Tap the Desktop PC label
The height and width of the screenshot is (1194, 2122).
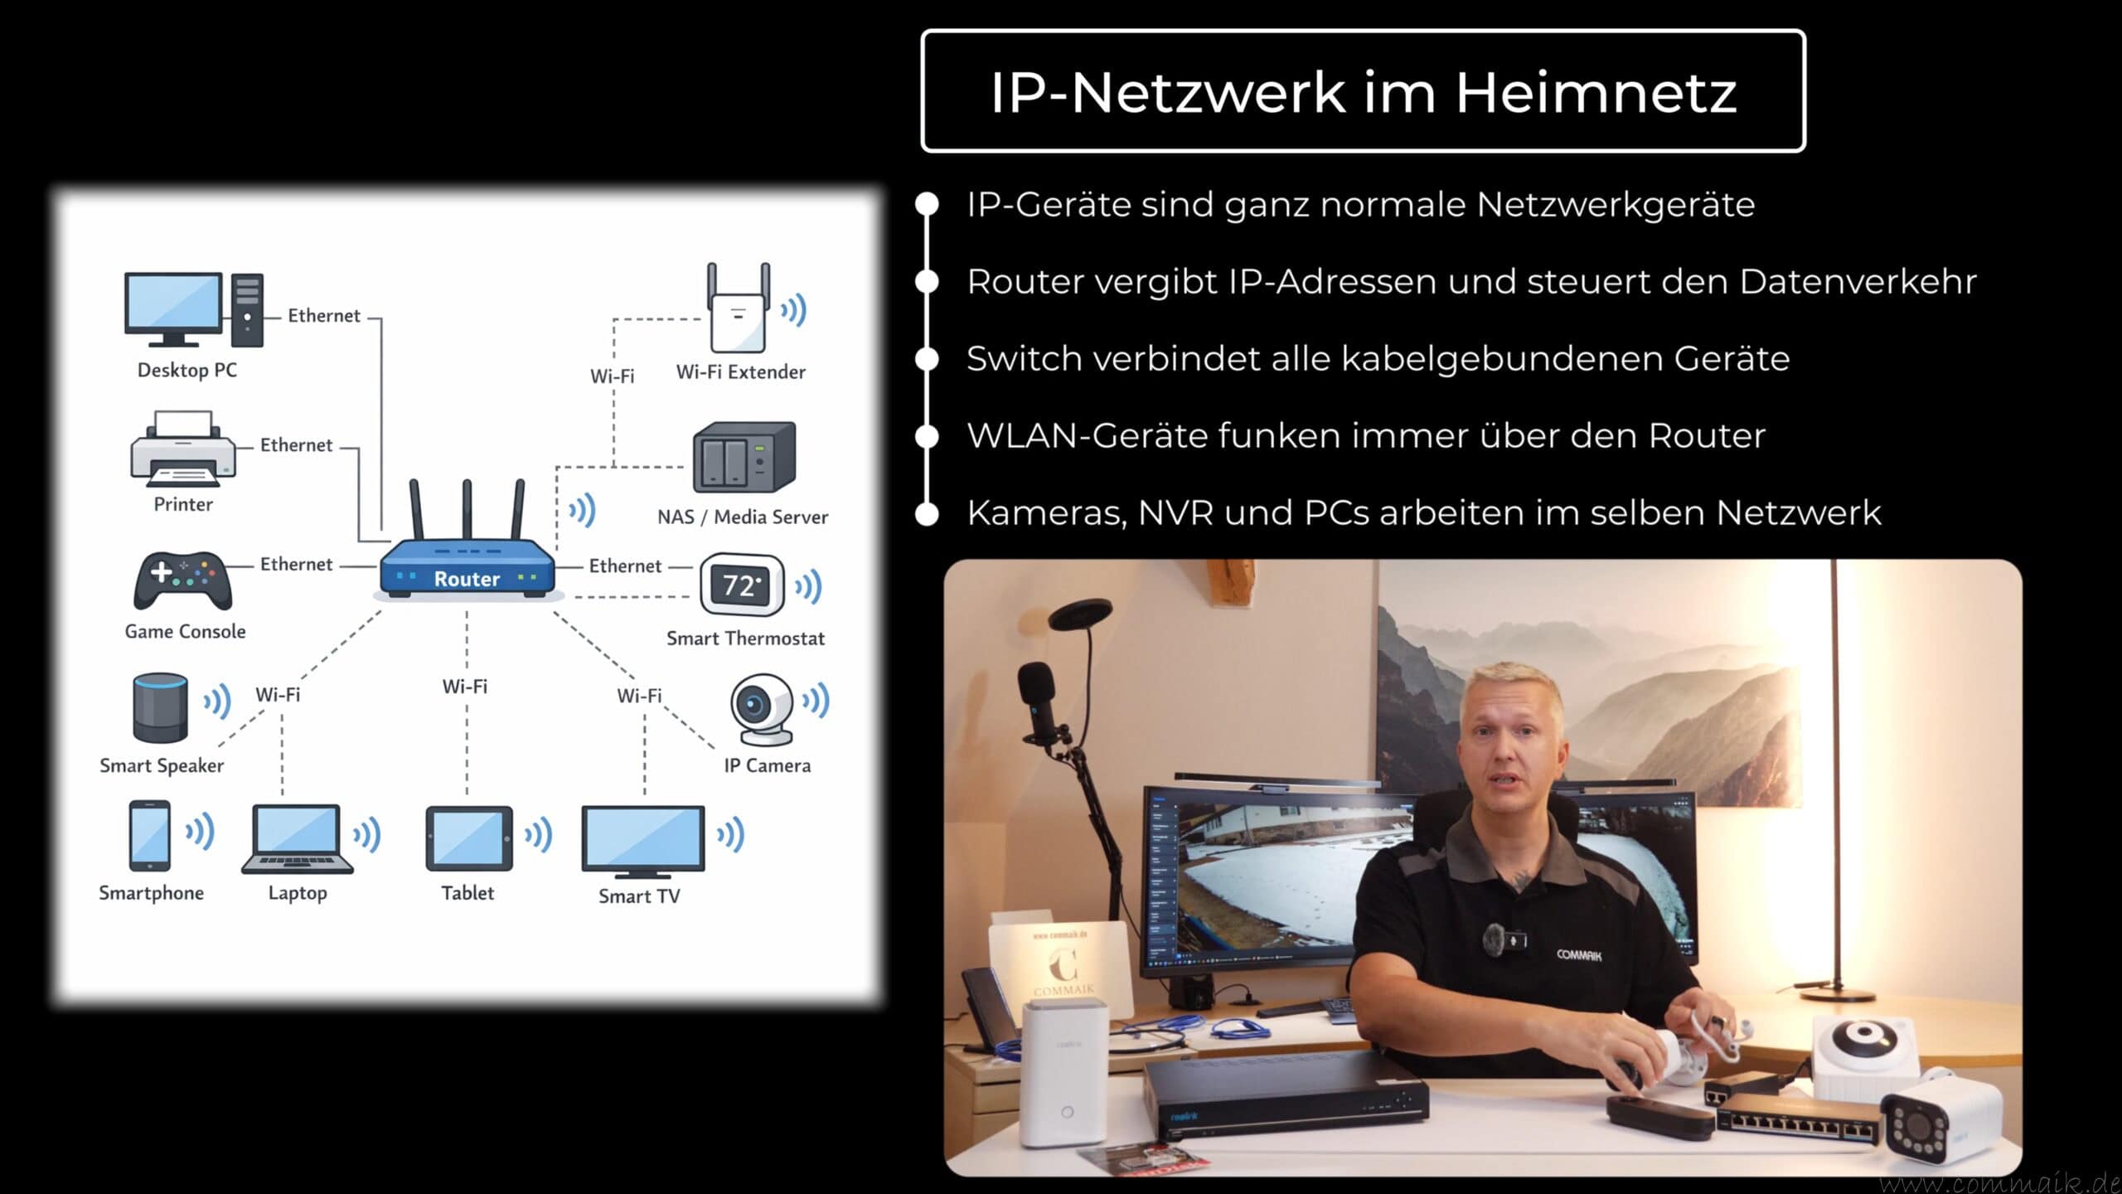pos(187,370)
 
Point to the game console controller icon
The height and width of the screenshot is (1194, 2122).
pos(183,580)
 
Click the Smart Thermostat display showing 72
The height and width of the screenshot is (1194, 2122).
pos(742,585)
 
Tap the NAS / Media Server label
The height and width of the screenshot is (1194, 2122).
pos(743,517)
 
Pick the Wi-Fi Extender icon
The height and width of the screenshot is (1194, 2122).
pos(738,310)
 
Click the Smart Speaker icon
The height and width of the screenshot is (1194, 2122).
pos(160,707)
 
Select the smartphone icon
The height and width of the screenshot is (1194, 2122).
pos(150,835)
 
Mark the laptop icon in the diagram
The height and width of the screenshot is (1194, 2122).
pos(297,838)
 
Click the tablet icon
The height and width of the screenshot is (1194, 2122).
pos(468,838)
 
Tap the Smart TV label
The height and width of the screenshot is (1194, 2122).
pos(639,896)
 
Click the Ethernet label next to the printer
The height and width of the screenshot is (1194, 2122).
pos(296,445)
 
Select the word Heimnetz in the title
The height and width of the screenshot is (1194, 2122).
pos(1596,92)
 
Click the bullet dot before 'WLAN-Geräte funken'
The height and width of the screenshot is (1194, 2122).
pos(927,436)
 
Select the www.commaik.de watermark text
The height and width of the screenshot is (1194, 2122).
pos(1998,1182)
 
